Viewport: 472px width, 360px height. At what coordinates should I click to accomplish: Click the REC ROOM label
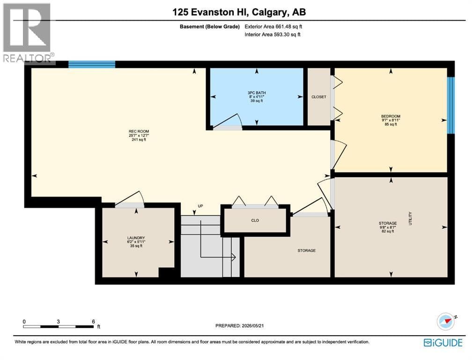(139, 131)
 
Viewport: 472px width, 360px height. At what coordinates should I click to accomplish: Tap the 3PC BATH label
(257, 93)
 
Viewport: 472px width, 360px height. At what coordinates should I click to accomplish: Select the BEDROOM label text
(391, 116)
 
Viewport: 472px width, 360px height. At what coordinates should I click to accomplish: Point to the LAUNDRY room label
(136, 238)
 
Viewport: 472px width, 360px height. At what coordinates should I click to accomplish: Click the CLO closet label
(255, 220)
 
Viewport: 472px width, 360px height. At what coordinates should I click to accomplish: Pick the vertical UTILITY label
(410, 218)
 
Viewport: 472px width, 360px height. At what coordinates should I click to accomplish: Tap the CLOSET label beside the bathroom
(319, 97)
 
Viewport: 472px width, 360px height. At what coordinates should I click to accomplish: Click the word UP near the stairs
(200, 206)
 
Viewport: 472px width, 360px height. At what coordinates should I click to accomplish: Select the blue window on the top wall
(92, 64)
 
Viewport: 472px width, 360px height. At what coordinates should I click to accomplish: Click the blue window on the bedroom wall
(450, 105)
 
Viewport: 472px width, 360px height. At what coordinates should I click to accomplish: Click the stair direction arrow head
(233, 257)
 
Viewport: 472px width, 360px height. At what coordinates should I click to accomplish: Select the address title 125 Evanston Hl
(210, 12)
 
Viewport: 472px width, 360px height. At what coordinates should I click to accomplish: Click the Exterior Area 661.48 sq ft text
(273, 27)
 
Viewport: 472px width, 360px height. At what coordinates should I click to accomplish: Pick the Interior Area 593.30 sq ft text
(273, 34)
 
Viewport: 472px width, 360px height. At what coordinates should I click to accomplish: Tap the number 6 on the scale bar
(94, 322)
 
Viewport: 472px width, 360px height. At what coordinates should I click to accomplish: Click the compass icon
(446, 322)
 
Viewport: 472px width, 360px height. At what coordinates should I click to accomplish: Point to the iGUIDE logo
(443, 343)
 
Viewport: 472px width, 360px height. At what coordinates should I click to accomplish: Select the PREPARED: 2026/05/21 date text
(240, 326)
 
